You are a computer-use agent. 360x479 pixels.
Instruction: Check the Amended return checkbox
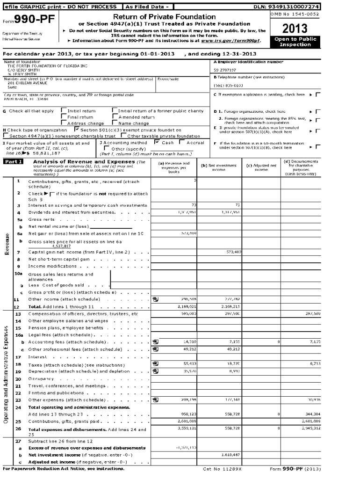click(115, 117)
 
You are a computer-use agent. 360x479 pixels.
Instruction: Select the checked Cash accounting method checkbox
click(158, 142)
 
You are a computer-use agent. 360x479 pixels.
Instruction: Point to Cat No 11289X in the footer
click(223, 468)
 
